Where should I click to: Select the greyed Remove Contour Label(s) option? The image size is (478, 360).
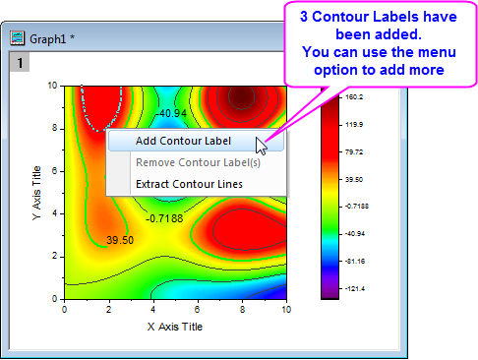197,161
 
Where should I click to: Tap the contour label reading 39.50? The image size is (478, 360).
120,239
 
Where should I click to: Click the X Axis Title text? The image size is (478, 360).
175,326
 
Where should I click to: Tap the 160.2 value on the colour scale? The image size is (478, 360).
355,97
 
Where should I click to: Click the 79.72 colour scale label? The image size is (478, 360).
355,152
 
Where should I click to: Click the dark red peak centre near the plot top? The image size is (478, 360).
241,96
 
